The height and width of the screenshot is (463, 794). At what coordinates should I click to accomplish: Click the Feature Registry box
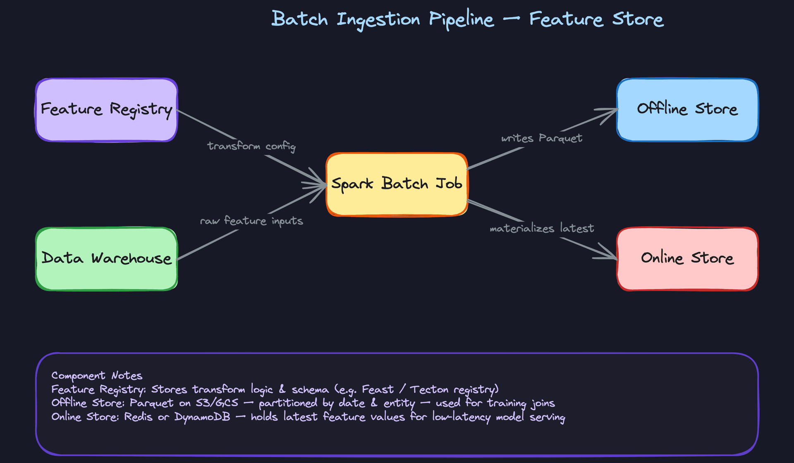[106, 110]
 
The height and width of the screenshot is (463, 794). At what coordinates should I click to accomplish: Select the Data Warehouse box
[106, 259]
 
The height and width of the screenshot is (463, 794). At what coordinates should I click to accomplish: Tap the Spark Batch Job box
[397, 184]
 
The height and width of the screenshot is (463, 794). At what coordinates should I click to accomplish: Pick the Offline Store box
[687, 110]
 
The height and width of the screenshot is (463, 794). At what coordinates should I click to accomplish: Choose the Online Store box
[687, 259]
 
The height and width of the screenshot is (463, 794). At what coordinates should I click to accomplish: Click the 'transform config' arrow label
[251, 146]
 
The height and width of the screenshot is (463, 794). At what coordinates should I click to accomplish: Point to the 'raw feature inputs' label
[251, 221]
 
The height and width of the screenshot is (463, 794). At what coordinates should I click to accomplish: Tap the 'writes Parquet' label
[541, 138]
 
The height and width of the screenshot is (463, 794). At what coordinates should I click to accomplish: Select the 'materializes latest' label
[542, 228]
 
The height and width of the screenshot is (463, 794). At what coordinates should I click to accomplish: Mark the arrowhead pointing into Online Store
[611, 255]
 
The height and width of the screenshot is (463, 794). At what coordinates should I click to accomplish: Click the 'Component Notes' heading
[97, 375]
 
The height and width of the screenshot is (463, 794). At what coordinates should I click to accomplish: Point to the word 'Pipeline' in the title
[461, 20]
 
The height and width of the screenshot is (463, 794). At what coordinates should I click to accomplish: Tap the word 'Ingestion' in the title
[378, 20]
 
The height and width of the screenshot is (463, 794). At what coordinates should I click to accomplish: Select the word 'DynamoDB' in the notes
[202, 417]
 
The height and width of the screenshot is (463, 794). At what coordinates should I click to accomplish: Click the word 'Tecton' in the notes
[429, 389]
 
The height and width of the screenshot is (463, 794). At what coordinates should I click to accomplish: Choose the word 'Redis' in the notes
[138, 417]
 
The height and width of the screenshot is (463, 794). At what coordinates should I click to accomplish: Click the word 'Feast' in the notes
[378, 389]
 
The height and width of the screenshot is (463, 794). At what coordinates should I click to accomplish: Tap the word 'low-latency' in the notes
[461, 417]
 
